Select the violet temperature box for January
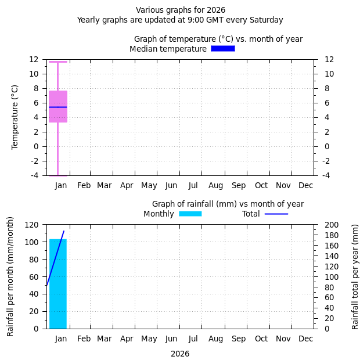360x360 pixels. pyautogui.click(x=58, y=99)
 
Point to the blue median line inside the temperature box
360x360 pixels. pyautogui.click(x=58, y=107)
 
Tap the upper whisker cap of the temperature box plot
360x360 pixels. pyautogui.click(x=58, y=62)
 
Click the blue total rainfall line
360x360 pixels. pyautogui.click(x=55, y=258)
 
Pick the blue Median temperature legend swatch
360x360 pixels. pyautogui.click(x=222, y=49)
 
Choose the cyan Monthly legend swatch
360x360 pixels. pyautogui.click(x=190, y=214)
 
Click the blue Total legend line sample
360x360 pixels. pyautogui.click(x=276, y=214)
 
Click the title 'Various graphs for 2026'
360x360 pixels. pyautogui.click(x=181, y=10)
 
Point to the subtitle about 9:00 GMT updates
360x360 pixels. pyautogui.click(x=180, y=20)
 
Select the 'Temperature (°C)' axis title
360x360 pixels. pyautogui.click(x=15, y=117)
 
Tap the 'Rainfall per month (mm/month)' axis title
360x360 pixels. pyautogui.click(x=10, y=276)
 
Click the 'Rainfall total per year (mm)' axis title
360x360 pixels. pyautogui.click(x=355, y=276)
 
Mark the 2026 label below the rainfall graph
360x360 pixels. pyautogui.click(x=180, y=354)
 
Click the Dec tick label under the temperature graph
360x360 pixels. pyautogui.click(x=305, y=185)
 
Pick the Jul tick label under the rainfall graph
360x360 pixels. pyautogui.click(x=193, y=339)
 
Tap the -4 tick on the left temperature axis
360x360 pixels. pyautogui.click(x=35, y=175)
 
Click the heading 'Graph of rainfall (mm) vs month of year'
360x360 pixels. pyautogui.click(x=228, y=204)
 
